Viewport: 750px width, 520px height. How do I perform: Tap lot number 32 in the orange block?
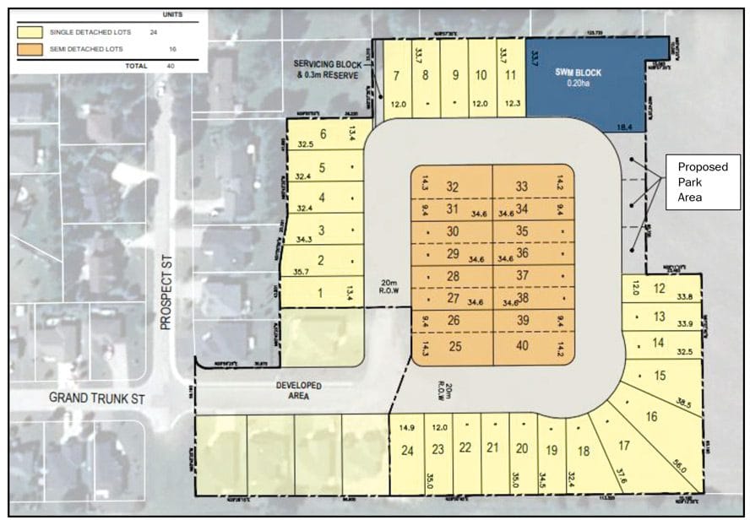click(453, 187)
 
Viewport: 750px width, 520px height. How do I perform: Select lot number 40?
click(522, 346)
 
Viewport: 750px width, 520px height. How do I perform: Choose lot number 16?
click(651, 415)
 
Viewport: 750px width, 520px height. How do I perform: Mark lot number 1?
click(319, 293)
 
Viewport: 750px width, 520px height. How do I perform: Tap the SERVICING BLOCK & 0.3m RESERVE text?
click(327, 69)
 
